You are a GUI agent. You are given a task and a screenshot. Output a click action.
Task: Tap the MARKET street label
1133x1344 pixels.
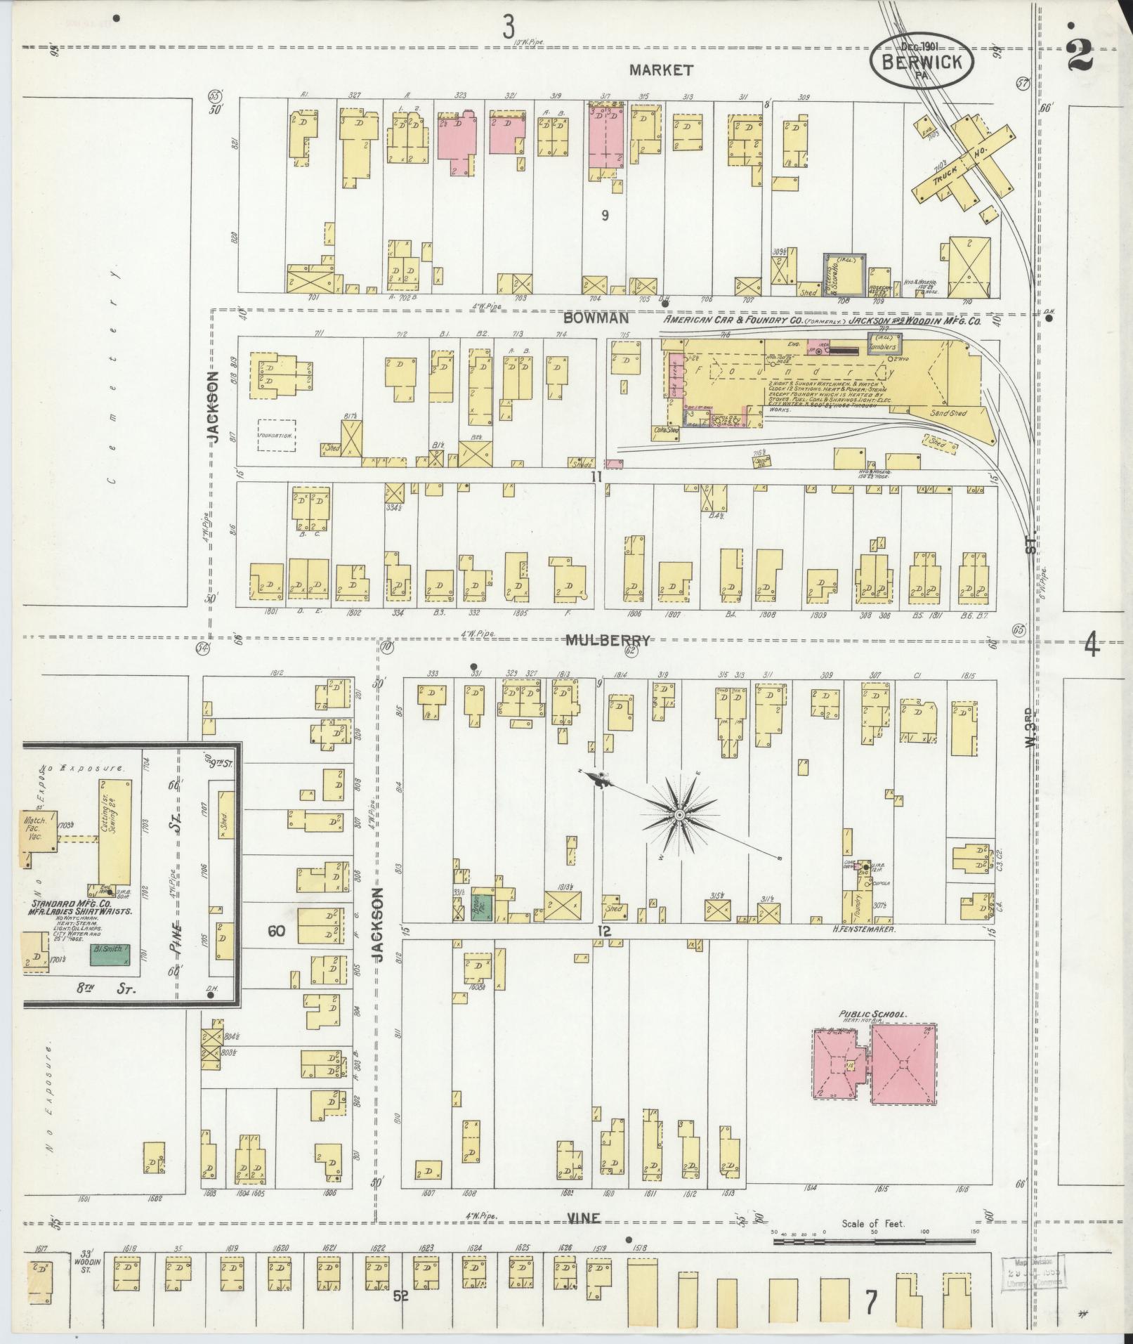661,70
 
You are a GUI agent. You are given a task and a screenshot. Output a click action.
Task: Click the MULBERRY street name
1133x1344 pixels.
609,640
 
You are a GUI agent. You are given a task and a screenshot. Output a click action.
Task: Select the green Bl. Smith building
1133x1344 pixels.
110,954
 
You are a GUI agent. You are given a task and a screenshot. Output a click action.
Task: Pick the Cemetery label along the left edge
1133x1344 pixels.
112,372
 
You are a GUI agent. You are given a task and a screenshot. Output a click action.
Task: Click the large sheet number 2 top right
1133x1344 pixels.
1079,56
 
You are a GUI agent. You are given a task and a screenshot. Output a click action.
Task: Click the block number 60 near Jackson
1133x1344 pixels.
276,931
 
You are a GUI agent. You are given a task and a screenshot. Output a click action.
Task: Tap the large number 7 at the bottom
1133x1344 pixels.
871,1303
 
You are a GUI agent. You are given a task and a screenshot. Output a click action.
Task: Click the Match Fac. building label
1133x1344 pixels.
35,826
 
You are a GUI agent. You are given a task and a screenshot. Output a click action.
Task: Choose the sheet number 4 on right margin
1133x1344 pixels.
1091,644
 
